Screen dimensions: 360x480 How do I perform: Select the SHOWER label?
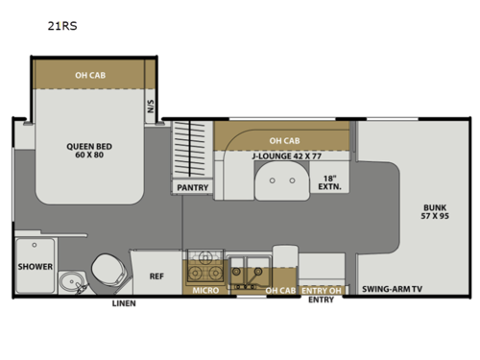[35, 268]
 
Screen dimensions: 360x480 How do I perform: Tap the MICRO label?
[204, 290]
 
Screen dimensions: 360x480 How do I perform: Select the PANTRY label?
[192, 188]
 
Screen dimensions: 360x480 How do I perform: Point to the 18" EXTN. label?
[329, 181]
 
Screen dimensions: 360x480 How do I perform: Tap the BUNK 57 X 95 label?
[436, 212]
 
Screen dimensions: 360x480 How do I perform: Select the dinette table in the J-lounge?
[280, 179]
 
